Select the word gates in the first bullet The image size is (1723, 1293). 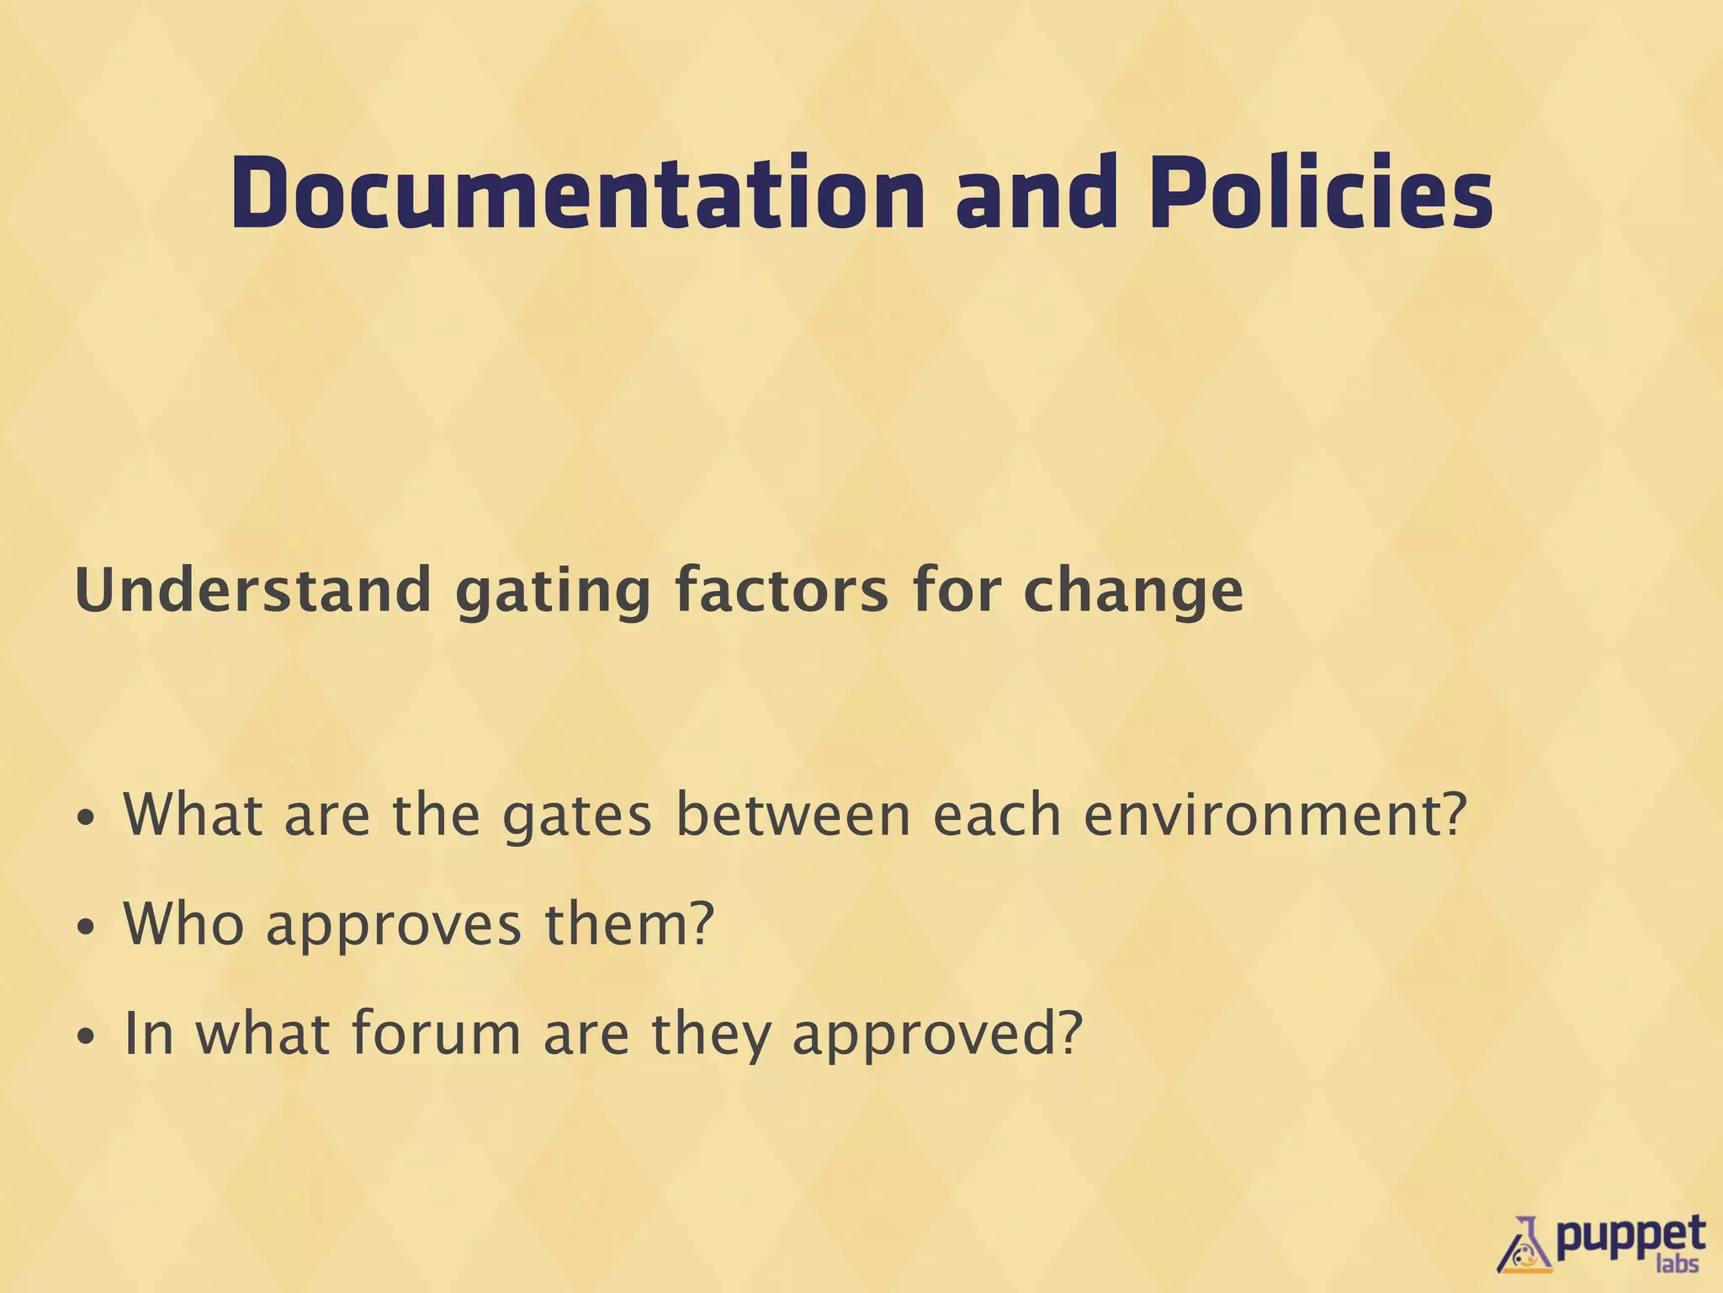point(576,817)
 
